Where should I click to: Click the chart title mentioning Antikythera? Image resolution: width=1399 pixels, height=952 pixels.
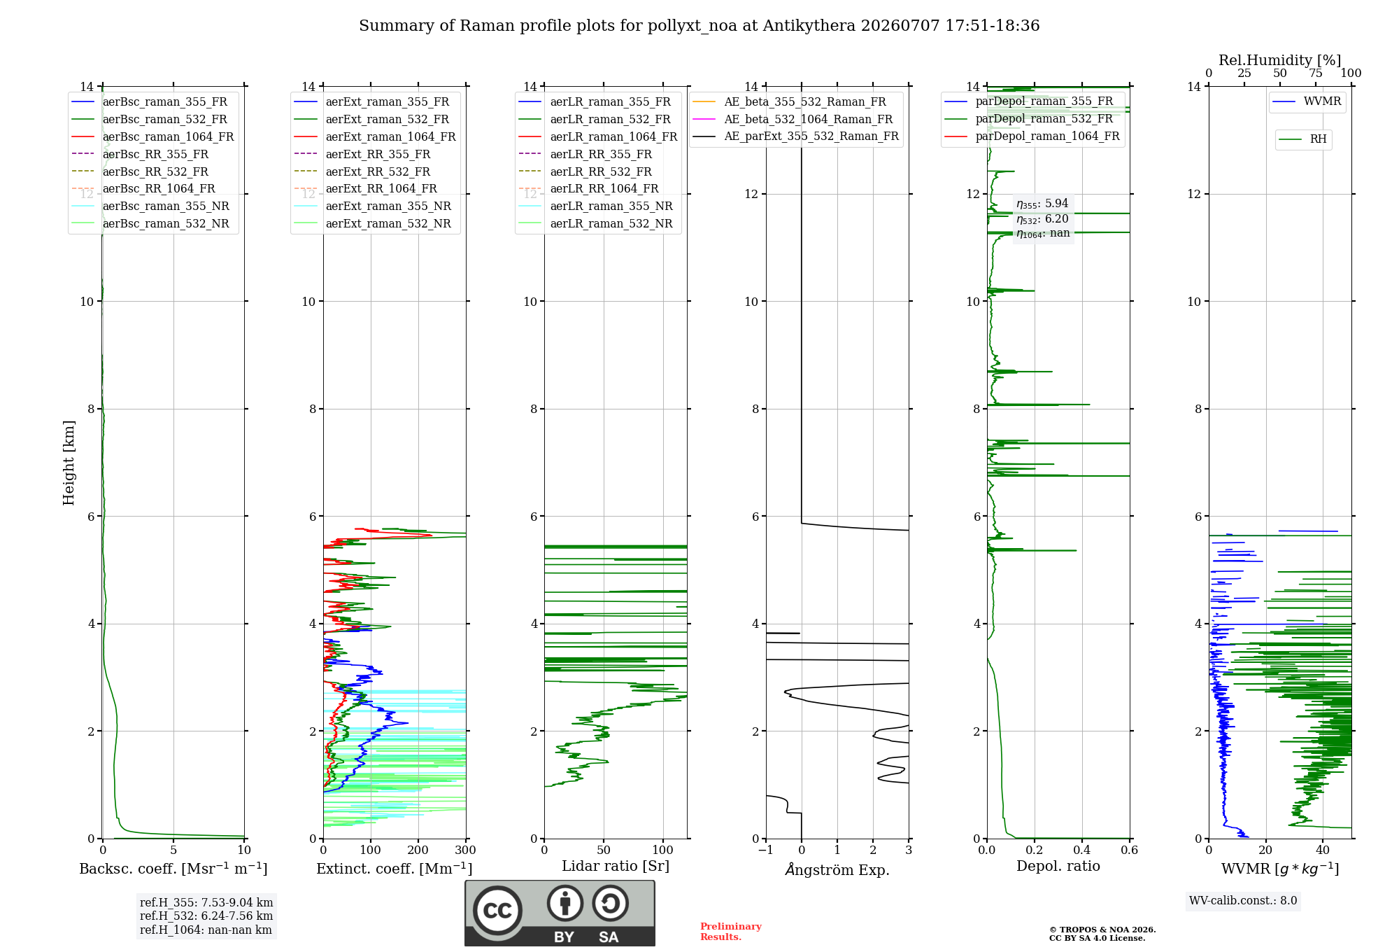click(x=699, y=26)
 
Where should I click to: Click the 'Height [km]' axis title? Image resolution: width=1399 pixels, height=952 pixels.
click(x=69, y=463)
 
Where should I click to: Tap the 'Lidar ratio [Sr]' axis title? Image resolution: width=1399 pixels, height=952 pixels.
click(x=616, y=866)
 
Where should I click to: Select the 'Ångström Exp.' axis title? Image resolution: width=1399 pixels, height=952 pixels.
click(x=837, y=869)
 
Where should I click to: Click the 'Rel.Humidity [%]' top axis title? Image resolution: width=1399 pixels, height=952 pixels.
click(x=1279, y=60)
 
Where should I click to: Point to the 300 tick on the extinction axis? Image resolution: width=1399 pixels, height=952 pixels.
click(x=465, y=850)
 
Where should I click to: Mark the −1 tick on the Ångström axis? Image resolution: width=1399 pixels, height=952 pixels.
click(x=765, y=850)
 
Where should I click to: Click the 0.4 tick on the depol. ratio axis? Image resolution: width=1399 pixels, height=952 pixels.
click(x=1082, y=850)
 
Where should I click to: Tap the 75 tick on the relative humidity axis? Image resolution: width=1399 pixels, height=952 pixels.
click(x=1316, y=73)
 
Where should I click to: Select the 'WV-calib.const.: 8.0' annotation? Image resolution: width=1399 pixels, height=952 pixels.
click(x=1243, y=901)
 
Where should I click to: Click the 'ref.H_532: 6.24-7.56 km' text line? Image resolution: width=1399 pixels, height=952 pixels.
click(x=206, y=916)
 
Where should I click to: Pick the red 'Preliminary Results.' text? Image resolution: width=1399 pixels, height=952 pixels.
click(x=731, y=932)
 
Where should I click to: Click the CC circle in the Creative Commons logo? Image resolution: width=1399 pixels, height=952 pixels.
click(x=497, y=910)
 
